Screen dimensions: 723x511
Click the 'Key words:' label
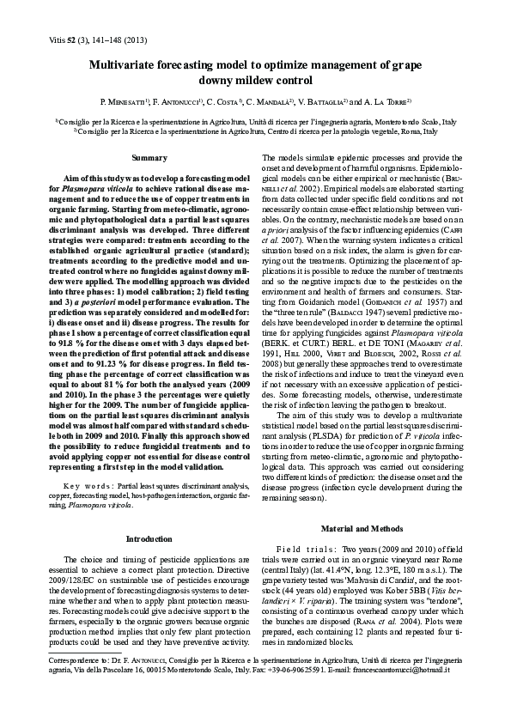point(88,484)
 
